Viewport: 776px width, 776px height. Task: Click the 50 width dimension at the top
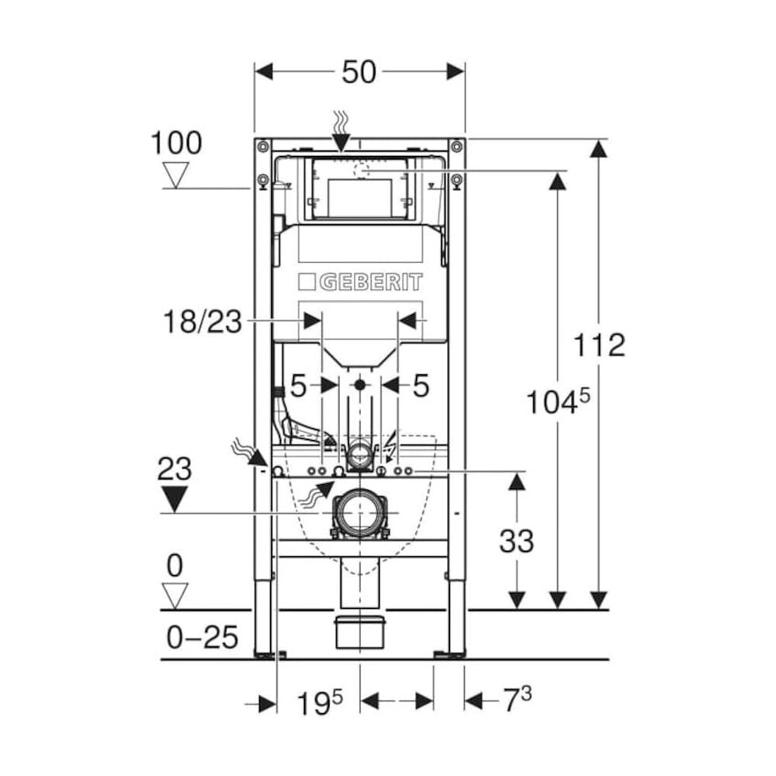(359, 72)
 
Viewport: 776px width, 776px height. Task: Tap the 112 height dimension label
(599, 345)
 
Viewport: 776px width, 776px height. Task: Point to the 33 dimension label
(516, 541)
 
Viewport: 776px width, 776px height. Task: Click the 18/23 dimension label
(203, 322)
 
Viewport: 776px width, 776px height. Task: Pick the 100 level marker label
(176, 143)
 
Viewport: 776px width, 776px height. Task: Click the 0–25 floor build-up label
(203, 637)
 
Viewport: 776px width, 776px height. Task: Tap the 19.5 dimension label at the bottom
(319, 702)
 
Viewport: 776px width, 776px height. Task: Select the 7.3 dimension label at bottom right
(518, 699)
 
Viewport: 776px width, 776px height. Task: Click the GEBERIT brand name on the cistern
(371, 282)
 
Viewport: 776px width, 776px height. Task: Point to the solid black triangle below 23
(175, 499)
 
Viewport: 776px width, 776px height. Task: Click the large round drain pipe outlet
(359, 513)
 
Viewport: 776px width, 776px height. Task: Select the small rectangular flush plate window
(360, 197)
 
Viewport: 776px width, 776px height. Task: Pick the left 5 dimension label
(298, 386)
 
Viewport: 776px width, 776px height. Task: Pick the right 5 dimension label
(421, 386)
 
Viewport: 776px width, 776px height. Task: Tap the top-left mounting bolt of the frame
(262, 147)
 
